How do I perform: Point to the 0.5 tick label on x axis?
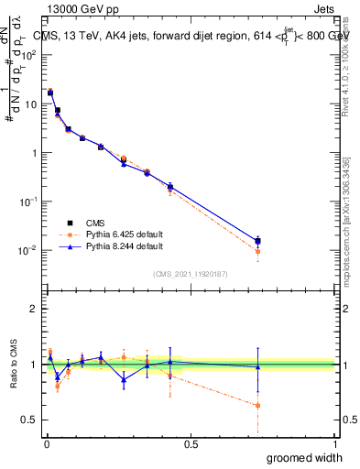point(191,444)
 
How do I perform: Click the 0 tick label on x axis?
point(47,444)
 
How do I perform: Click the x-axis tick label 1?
point(334,444)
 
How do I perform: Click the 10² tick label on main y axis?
point(29,55)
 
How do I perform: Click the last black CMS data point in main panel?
point(257,241)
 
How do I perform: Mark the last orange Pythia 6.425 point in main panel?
point(257,251)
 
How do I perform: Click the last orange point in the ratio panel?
point(257,405)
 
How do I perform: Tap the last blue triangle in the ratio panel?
point(257,366)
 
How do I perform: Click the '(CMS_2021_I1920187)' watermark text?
point(191,273)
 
